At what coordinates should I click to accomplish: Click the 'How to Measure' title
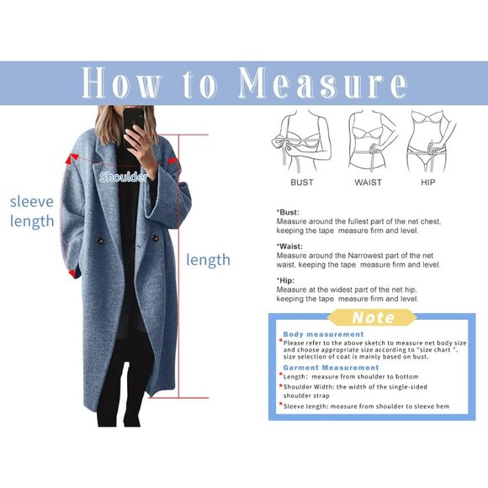pyautogui.click(x=244, y=83)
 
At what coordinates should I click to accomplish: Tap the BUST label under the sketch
pyautogui.click(x=302, y=183)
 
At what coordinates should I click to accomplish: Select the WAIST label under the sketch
pyautogui.click(x=368, y=183)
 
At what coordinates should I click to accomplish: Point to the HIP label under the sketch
pyautogui.click(x=428, y=183)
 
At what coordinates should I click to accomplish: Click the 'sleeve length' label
pyautogui.click(x=32, y=211)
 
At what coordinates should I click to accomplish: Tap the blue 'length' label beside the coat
pyautogui.click(x=208, y=260)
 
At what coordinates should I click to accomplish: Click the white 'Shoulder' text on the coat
pyautogui.click(x=124, y=178)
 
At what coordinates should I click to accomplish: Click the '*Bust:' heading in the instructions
pyautogui.click(x=289, y=212)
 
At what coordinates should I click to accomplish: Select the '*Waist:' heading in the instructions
pyautogui.click(x=290, y=247)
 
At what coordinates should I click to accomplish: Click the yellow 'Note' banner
pyautogui.click(x=372, y=318)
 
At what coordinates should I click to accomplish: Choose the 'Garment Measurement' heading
pyautogui.click(x=331, y=368)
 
